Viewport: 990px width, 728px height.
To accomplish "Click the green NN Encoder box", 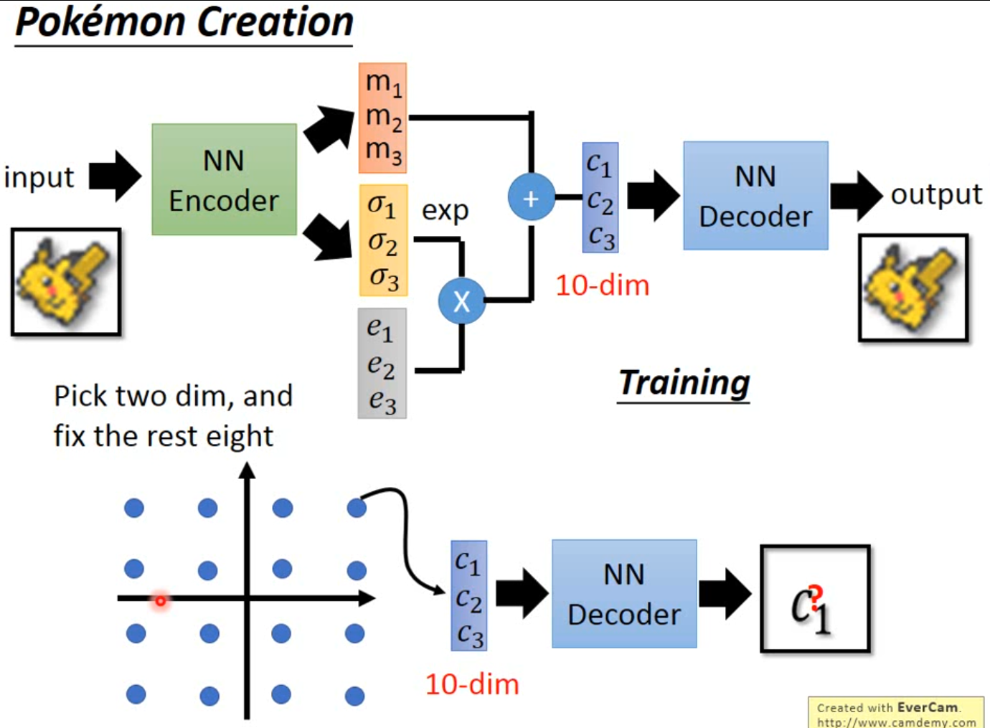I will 224,179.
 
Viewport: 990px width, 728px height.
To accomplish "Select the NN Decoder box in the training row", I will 755,196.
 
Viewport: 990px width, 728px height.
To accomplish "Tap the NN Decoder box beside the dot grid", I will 623,594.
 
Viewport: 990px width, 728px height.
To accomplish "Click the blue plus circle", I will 531,197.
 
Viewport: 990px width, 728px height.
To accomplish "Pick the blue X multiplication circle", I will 461,301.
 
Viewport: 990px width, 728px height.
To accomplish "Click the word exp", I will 445,211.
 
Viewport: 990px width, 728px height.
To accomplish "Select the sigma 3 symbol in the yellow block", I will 384,278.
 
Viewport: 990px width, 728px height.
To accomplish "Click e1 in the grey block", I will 380,328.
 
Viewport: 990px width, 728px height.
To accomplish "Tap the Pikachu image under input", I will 65,282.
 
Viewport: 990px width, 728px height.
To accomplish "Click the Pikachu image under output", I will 913,287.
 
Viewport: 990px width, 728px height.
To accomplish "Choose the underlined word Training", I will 684,383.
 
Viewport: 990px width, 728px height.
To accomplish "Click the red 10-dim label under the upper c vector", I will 602,285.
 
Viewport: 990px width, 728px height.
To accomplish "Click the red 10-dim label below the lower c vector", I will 471,684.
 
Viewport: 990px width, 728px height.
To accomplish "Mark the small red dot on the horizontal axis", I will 161,600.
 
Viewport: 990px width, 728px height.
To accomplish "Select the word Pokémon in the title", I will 100,23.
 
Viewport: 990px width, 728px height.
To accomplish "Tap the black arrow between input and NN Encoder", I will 115,176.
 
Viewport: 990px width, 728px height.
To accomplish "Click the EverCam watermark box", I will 896,713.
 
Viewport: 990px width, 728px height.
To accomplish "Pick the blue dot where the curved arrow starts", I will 357,509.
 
